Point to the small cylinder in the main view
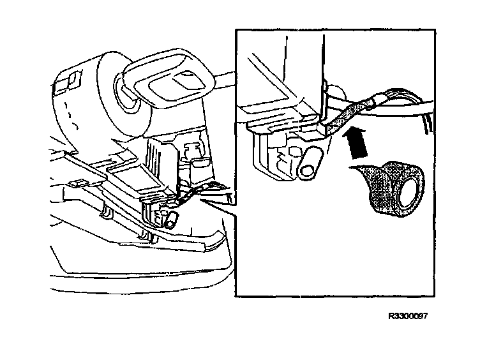(x=171, y=220)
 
